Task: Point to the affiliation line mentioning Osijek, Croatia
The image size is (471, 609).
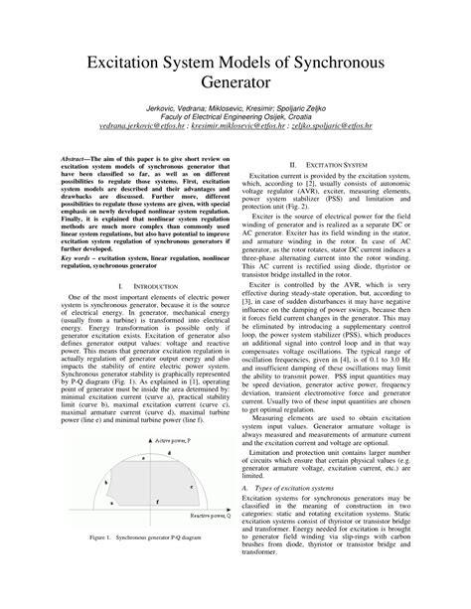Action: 235,145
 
